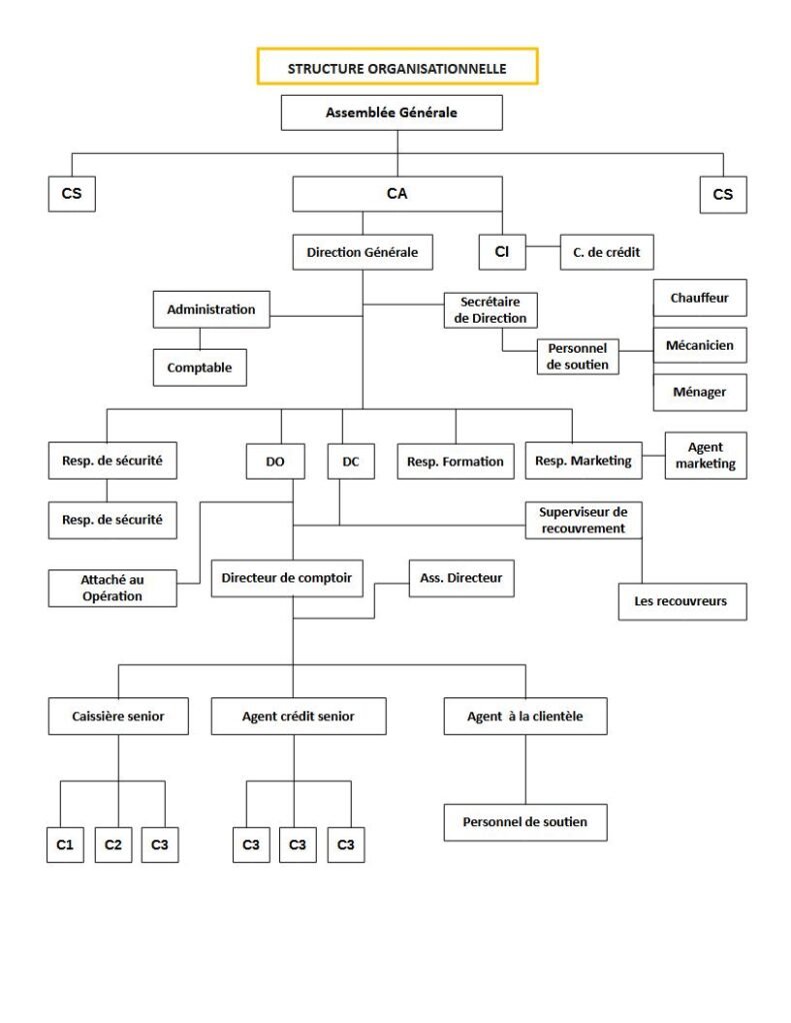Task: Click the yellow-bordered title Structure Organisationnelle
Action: tap(397, 67)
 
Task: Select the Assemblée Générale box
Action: tap(392, 112)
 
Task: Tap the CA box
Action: tap(397, 193)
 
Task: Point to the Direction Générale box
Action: tap(363, 252)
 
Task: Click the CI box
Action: tap(502, 252)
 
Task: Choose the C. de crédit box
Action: tap(607, 252)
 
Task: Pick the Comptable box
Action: tap(200, 368)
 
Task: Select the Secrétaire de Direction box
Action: tap(491, 310)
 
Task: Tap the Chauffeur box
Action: tap(700, 298)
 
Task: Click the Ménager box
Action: tap(700, 392)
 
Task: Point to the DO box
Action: tap(275, 462)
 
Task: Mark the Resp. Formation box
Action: tap(455, 462)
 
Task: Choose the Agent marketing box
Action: tap(705, 456)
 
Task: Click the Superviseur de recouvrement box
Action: tap(583, 519)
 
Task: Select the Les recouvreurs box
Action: tap(682, 600)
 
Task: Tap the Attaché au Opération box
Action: tap(112, 587)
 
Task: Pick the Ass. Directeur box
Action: tap(461, 578)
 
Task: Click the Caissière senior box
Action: tap(118, 715)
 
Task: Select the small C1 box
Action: tap(65, 845)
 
